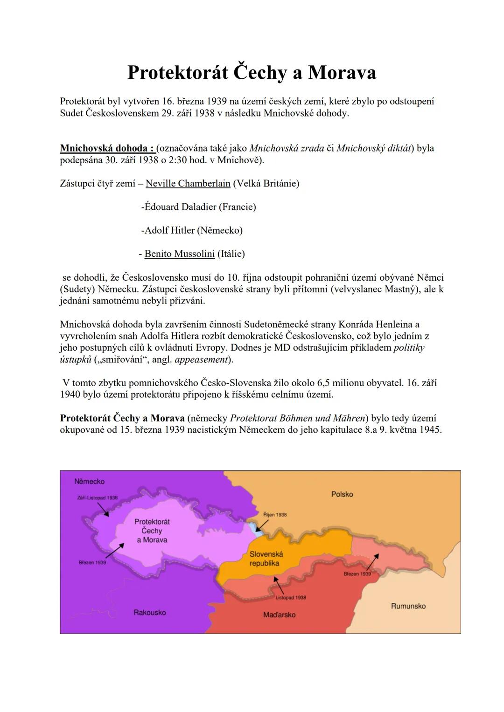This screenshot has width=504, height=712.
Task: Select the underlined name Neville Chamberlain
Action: point(188,183)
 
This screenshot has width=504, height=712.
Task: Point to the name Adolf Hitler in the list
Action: point(169,230)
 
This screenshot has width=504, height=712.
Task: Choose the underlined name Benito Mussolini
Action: point(180,254)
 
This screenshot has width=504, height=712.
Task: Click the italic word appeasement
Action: point(201,359)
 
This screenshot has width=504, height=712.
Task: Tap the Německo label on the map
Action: point(89,481)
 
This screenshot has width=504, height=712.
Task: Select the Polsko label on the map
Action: point(342,494)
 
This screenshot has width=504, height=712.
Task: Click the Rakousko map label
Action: point(149,612)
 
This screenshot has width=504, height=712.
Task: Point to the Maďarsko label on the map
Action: point(279,615)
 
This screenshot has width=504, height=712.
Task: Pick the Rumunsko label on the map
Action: point(408,606)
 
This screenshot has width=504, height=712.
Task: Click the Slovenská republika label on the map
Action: point(266,559)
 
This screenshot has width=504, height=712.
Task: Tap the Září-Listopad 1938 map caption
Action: point(97,498)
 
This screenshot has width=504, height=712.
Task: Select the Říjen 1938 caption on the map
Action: point(275,515)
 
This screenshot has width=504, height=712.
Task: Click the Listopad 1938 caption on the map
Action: point(291,597)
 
